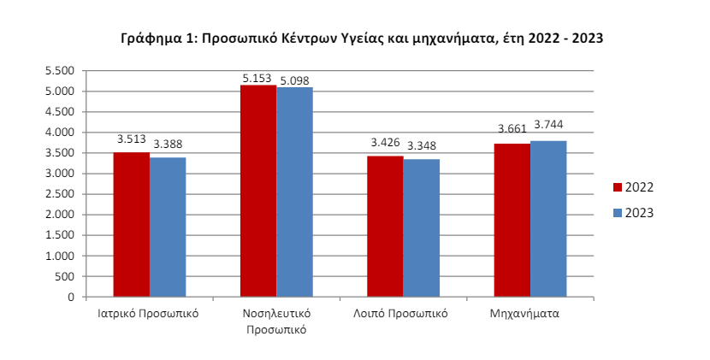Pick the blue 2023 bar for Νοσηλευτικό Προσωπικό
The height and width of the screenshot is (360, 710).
294,192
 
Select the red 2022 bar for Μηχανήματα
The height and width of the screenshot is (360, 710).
512,221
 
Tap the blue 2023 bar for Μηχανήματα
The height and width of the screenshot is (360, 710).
547,219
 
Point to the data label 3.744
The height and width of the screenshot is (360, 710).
547,125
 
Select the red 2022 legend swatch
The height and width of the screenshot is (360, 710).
617,187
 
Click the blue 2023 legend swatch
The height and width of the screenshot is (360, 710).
617,213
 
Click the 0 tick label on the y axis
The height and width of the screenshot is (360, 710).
72,298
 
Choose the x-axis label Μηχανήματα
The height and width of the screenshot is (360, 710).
530,313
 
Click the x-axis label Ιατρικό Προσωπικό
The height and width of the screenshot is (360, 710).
149,313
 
